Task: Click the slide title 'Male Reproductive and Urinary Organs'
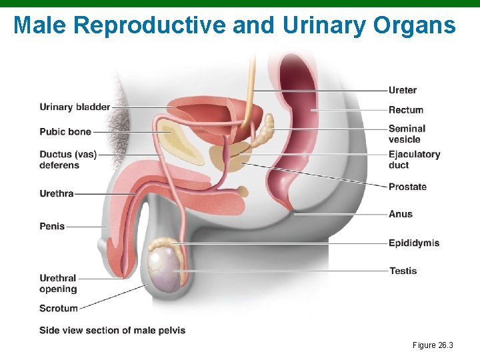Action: click(x=235, y=25)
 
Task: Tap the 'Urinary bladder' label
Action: click(x=75, y=107)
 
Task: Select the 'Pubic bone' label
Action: click(x=65, y=132)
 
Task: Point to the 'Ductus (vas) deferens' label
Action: click(x=68, y=160)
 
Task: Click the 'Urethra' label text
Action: click(x=57, y=194)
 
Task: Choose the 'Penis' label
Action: click(x=52, y=226)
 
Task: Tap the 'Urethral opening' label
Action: click(x=58, y=283)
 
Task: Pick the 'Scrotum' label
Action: click(x=59, y=308)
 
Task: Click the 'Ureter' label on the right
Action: click(x=403, y=90)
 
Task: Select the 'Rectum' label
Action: click(x=406, y=109)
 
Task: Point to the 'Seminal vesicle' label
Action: click(x=407, y=134)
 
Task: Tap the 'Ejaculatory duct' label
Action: click(x=414, y=159)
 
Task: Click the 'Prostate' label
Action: click(x=407, y=187)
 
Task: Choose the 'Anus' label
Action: click(x=401, y=214)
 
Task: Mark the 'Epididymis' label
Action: click(x=414, y=243)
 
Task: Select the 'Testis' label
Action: click(x=403, y=271)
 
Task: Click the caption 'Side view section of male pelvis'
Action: click(x=112, y=330)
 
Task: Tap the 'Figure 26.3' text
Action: click(x=433, y=345)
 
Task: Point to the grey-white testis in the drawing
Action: click(x=163, y=268)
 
